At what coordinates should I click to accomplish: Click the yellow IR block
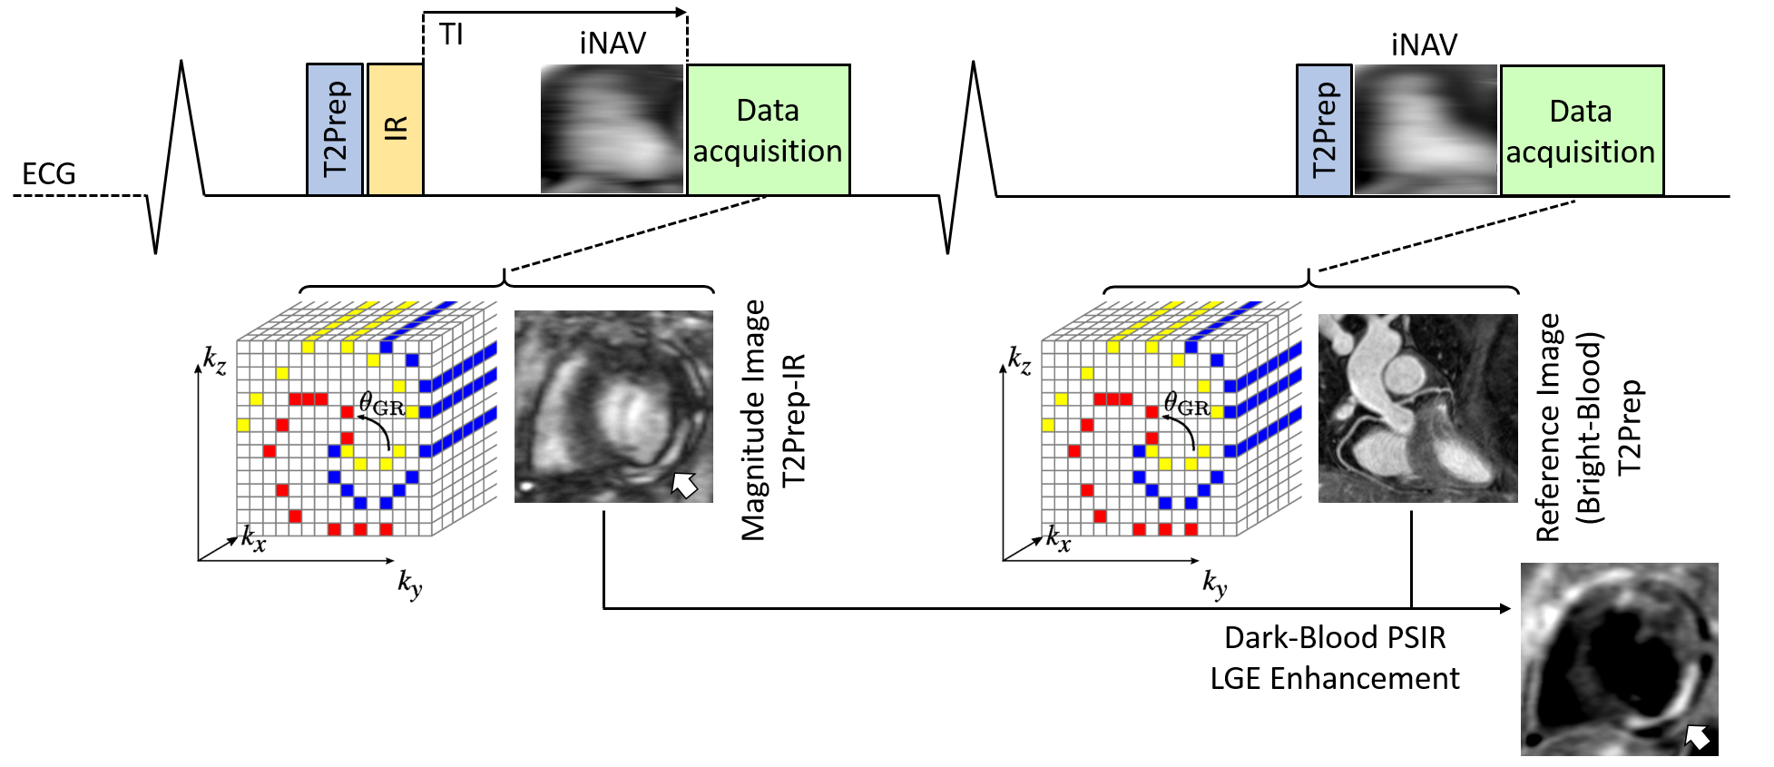pyautogui.click(x=396, y=129)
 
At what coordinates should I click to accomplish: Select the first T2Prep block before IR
pyautogui.click(x=335, y=129)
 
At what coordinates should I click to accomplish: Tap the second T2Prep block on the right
pyautogui.click(x=1324, y=130)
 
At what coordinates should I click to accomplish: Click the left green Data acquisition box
pyautogui.click(x=768, y=130)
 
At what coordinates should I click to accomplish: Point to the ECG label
pyautogui.click(x=49, y=173)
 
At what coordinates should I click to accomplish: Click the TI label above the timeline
pyautogui.click(x=451, y=34)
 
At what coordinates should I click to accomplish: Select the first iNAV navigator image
pyautogui.click(x=612, y=128)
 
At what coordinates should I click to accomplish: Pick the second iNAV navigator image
pyautogui.click(x=1425, y=130)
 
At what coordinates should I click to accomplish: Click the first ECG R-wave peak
pyautogui.click(x=182, y=64)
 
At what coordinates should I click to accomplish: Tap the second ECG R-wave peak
pyautogui.click(x=974, y=64)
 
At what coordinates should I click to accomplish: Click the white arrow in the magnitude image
pyautogui.click(x=684, y=485)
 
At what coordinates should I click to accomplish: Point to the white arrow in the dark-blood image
pyautogui.click(x=1697, y=736)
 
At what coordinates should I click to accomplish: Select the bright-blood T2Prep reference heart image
pyautogui.click(x=1417, y=408)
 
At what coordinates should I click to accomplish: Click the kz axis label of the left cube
pyautogui.click(x=215, y=360)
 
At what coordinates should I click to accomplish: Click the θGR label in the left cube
pyautogui.click(x=381, y=404)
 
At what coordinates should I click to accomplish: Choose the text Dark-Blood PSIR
pyautogui.click(x=1335, y=637)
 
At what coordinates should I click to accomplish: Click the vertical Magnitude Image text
pyautogui.click(x=753, y=420)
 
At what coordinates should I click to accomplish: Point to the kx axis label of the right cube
pyautogui.click(x=1058, y=538)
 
